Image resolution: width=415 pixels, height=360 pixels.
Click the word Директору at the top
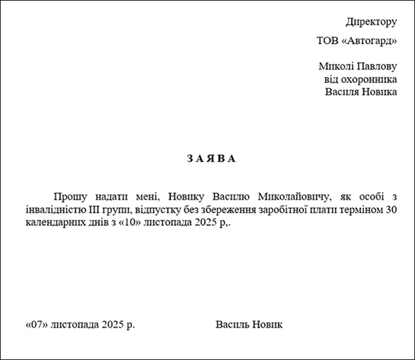(x=371, y=22)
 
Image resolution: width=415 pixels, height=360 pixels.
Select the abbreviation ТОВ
(x=328, y=41)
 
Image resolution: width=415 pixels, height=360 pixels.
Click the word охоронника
(x=371, y=79)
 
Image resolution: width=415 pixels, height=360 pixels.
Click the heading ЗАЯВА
(x=211, y=158)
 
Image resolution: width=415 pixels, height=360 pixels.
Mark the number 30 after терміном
(x=391, y=209)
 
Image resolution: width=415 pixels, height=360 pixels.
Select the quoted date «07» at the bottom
(x=36, y=324)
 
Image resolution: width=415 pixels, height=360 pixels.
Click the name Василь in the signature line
(x=232, y=324)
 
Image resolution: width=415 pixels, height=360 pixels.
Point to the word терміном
(x=358, y=209)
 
